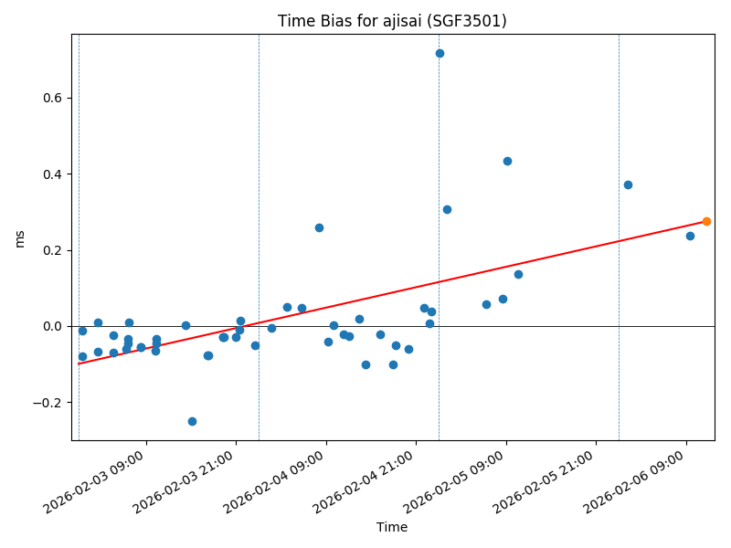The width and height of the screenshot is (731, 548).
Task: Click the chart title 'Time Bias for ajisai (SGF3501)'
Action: pyautogui.click(x=392, y=21)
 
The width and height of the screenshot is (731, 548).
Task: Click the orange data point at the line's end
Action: pyautogui.click(x=706, y=221)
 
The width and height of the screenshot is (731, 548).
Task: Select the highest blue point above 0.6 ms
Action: pyautogui.click(x=440, y=53)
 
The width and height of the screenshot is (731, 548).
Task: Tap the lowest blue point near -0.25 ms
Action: pyautogui.click(x=192, y=421)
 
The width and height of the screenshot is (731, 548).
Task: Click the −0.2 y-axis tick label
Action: pyautogui.click(x=47, y=403)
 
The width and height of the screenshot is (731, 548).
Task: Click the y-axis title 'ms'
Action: pyautogui.click(x=19, y=238)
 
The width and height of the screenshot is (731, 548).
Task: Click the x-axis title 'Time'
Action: pyautogui.click(x=392, y=527)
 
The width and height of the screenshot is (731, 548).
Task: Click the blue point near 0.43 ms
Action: pyautogui.click(x=507, y=161)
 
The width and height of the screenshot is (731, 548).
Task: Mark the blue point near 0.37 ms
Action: pyautogui.click(x=628, y=184)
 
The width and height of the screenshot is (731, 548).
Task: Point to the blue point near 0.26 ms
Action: pyautogui.click(x=319, y=227)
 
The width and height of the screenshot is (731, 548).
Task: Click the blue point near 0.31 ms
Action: pyautogui.click(x=447, y=209)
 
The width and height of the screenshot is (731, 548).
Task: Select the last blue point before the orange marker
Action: pyautogui.click(x=690, y=236)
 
